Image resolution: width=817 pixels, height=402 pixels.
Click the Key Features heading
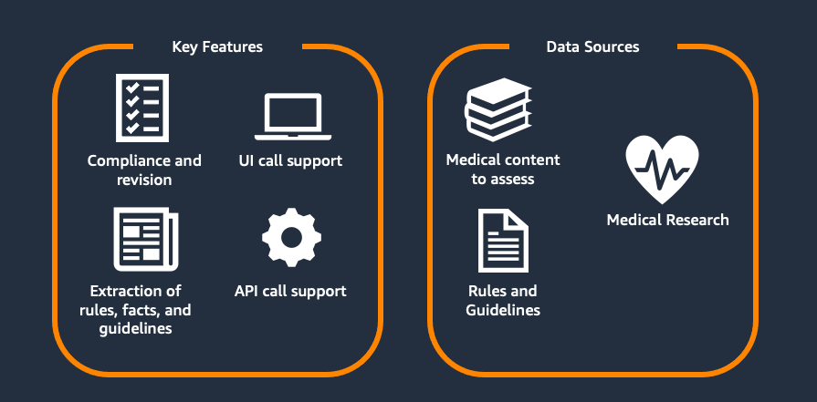(217, 46)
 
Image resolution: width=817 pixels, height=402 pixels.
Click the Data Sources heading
(592, 46)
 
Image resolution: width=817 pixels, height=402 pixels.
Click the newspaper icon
(144, 239)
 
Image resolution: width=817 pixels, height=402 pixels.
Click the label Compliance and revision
(144, 170)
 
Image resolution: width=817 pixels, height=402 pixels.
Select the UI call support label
(298, 160)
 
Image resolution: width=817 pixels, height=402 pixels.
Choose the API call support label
(290, 292)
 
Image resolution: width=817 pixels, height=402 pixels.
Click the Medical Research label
(668, 220)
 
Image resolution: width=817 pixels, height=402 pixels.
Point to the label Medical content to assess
(503, 170)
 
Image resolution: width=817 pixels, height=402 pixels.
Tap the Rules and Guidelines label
(503, 301)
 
